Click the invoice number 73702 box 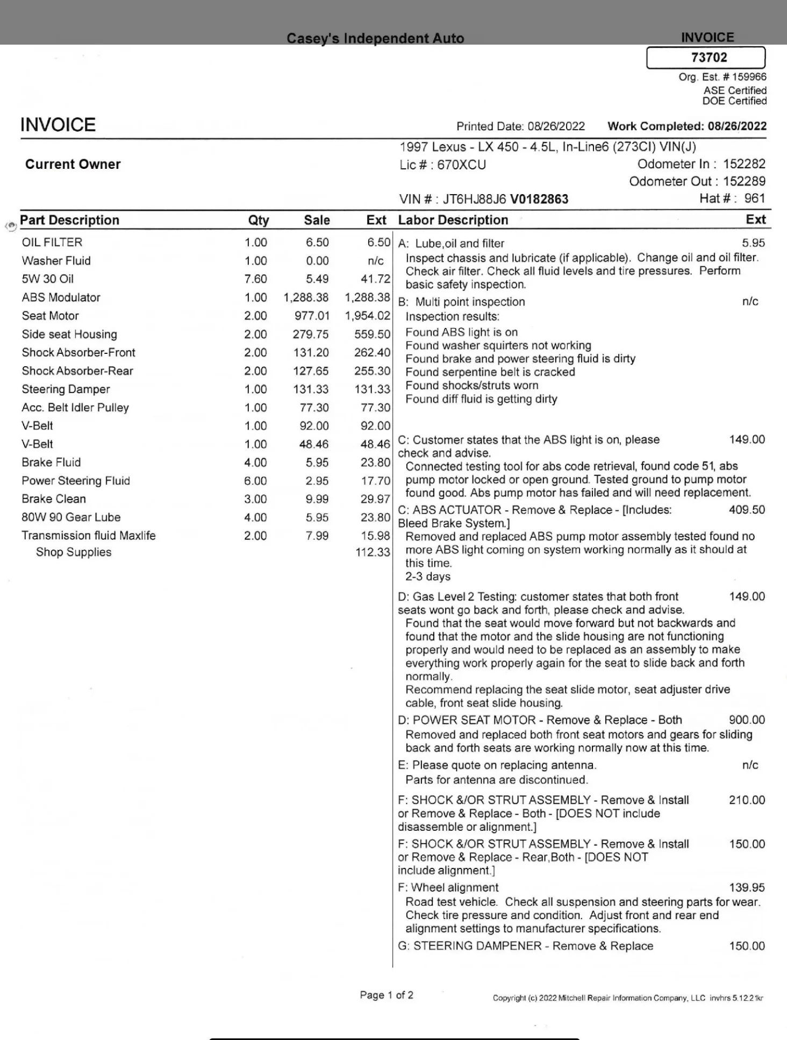tap(705, 58)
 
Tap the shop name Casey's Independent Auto tap(375, 38)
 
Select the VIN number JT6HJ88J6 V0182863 tap(484, 199)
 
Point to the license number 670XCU tap(461, 165)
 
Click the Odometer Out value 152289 tap(744, 181)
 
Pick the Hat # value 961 tap(754, 198)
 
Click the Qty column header tap(258, 220)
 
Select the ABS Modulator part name tap(61, 297)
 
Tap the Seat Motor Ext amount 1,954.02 tap(368, 316)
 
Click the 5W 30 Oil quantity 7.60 tap(256, 279)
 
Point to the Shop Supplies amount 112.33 tap(373, 552)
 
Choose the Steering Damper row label tap(66, 389)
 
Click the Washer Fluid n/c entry tap(375, 261)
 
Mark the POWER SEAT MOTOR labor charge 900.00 tap(747, 720)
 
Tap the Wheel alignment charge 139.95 tap(747, 888)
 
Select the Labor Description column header tap(453, 220)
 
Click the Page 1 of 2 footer tap(387, 995)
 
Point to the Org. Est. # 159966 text tap(722, 77)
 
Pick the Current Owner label tap(73, 165)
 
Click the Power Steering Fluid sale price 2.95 tap(317, 481)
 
